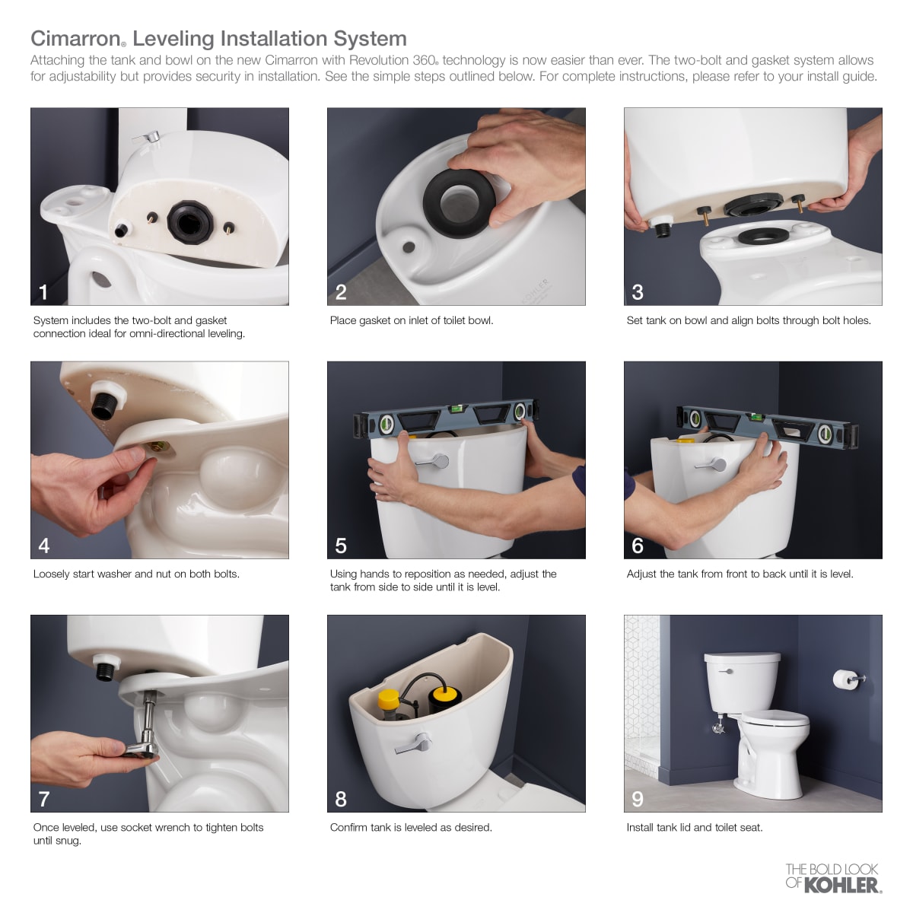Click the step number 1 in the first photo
[x=43, y=292]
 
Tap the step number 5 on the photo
[x=341, y=546]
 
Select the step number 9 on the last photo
[x=638, y=799]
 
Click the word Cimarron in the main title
[x=75, y=39]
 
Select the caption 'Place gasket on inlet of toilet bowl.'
[x=412, y=320]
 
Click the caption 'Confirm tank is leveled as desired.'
[x=411, y=827]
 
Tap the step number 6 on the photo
[x=638, y=546]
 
